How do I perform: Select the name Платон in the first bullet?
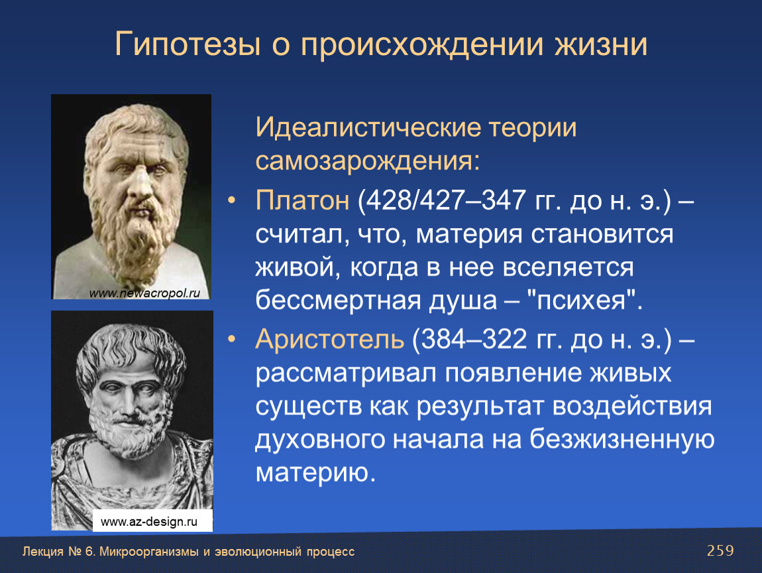[x=302, y=200]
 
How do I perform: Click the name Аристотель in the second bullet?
[x=329, y=338]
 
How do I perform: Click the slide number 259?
[x=720, y=550]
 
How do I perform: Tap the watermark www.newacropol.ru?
[x=144, y=293]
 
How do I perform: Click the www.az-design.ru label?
[x=148, y=522]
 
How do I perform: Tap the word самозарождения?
[x=364, y=161]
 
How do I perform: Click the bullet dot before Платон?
[x=232, y=200]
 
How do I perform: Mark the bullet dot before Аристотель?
[x=232, y=338]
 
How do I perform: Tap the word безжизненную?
[x=622, y=439]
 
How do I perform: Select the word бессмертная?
[x=338, y=300]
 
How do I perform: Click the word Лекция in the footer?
[x=43, y=552]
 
